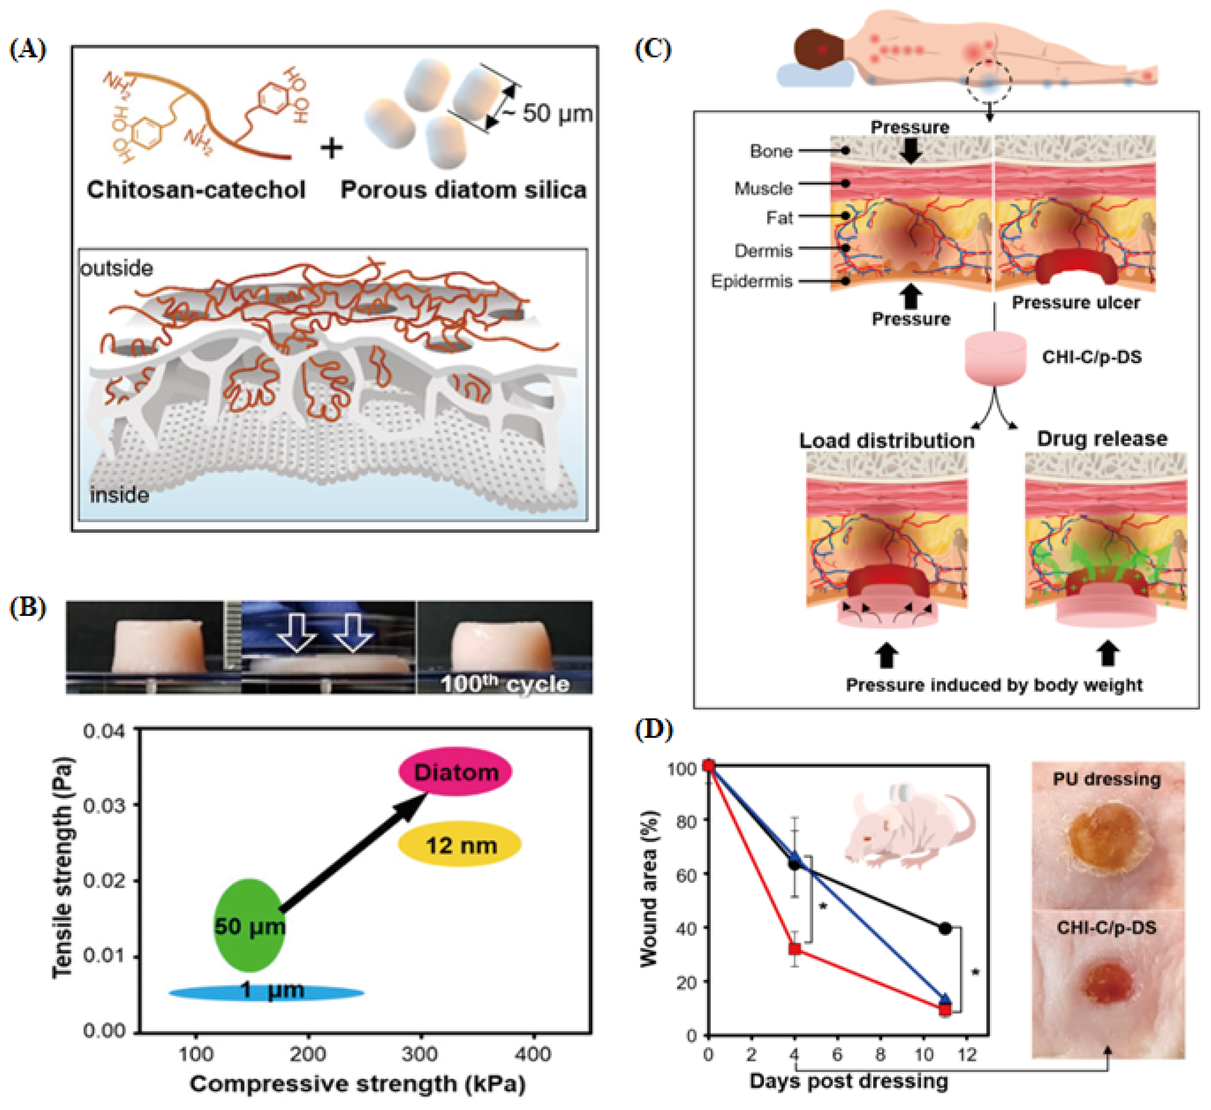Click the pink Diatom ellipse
pyautogui.click(x=455, y=772)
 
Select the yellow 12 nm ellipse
pyautogui.click(x=460, y=845)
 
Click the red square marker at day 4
pyautogui.click(x=795, y=948)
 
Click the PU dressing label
pyautogui.click(x=1107, y=779)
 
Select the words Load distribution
pyautogui.click(x=886, y=441)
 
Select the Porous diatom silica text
pyautogui.click(x=463, y=190)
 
